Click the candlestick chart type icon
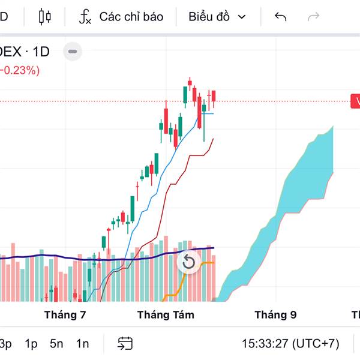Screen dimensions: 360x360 (45, 17)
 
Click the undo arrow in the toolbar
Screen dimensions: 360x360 (280, 17)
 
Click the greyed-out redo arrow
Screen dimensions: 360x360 (313, 17)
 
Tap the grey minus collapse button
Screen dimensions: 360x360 (73, 52)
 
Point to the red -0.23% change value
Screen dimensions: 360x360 (20, 70)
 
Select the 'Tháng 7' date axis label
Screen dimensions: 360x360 (65, 314)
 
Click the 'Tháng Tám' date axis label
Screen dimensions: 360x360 (166, 314)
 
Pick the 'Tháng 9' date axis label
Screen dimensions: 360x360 (275, 314)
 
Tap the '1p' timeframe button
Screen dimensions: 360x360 (31, 344)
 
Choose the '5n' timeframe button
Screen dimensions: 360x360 (56, 344)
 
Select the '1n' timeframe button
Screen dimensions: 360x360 (82, 344)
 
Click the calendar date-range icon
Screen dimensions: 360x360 (125, 344)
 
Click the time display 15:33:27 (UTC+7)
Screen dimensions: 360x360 (290, 344)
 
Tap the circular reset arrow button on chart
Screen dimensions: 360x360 (188, 262)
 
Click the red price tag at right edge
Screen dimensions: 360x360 (355, 101)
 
